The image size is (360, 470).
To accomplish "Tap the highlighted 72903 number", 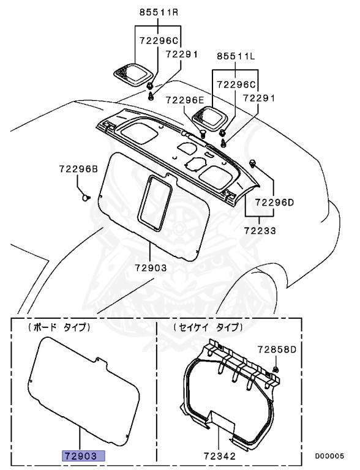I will click(x=83, y=456).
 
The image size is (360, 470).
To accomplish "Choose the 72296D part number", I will click(x=274, y=201).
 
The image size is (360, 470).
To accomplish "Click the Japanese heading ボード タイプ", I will click(x=59, y=328).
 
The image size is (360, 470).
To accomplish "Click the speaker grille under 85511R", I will click(x=132, y=75).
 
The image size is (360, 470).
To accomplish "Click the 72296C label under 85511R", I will click(x=158, y=40).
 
